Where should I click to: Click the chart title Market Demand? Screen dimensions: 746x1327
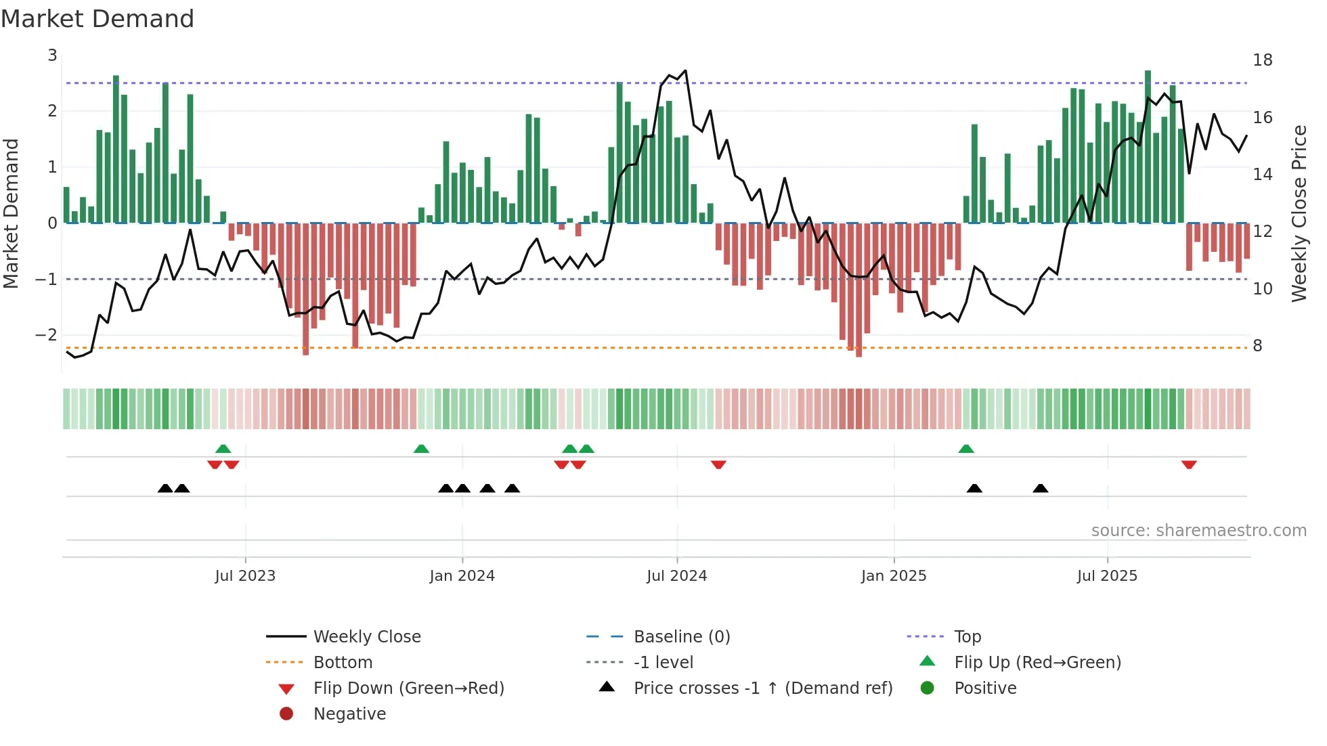(x=97, y=19)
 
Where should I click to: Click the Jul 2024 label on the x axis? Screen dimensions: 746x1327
(x=676, y=576)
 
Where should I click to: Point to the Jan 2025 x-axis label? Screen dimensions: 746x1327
(x=893, y=576)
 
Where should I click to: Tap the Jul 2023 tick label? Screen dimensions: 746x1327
(x=245, y=576)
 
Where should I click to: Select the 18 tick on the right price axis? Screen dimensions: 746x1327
(x=1262, y=60)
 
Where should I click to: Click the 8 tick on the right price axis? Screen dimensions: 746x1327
(x=1257, y=346)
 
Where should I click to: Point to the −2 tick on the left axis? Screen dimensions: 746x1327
(x=46, y=335)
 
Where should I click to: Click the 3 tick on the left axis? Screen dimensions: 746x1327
(x=52, y=56)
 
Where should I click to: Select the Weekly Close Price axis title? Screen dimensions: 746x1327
(x=1299, y=213)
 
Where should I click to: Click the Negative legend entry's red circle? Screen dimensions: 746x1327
(x=286, y=714)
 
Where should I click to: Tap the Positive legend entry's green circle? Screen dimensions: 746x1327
(x=928, y=688)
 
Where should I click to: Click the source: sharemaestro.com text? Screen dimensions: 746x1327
(x=1198, y=531)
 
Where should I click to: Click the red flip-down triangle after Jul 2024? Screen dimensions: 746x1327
(x=718, y=464)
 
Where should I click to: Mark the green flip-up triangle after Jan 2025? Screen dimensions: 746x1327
(x=966, y=449)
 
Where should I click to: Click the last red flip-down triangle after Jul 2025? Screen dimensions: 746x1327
(x=1189, y=464)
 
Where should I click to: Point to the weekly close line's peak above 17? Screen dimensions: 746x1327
(x=685, y=70)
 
